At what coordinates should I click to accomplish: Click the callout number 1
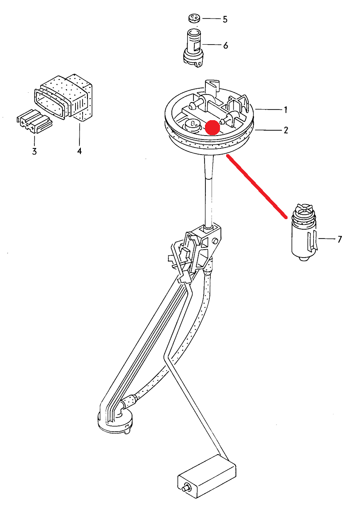[x=286, y=110]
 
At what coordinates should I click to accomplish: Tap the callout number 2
[x=286, y=130]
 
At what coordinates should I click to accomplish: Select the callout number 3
[x=34, y=151]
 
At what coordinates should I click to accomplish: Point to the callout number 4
[x=80, y=151]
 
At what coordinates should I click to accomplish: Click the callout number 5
[x=225, y=19]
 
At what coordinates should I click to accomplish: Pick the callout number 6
[x=226, y=46]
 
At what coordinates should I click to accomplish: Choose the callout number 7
[x=340, y=239]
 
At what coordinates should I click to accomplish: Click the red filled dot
[x=212, y=127]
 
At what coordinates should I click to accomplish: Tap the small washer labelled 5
[x=194, y=19]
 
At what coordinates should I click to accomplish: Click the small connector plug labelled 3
[x=34, y=121]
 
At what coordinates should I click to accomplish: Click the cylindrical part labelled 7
[x=304, y=233]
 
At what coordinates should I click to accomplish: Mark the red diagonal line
[x=257, y=186]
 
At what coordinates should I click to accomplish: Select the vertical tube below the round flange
[x=208, y=191]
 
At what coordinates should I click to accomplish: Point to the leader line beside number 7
[x=327, y=239]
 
